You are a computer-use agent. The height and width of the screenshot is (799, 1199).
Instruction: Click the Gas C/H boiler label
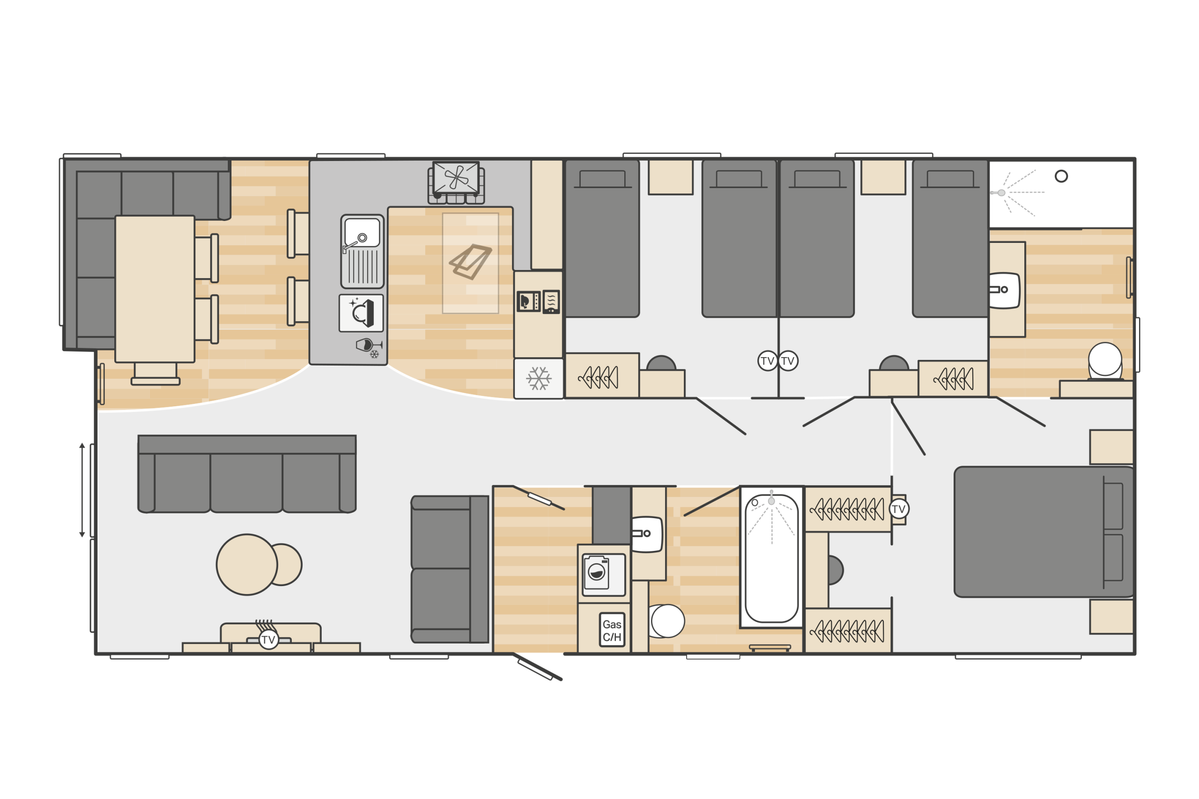[x=612, y=630]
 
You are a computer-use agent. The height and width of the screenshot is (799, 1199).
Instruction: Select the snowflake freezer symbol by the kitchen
[x=539, y=379]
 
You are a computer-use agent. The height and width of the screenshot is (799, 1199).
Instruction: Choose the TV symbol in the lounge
[x=269, y=639]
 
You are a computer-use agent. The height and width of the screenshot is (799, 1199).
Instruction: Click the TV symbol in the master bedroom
[x=899, y=509]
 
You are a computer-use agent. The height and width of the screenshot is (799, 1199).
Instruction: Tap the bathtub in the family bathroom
[x=771, y=557]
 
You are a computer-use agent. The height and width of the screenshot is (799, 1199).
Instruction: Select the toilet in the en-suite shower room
[x=1105, y=361]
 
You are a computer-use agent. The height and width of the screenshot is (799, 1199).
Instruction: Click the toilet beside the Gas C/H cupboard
[x=666, y=621]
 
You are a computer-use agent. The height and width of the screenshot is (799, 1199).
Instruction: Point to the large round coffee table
[x=247, y=564]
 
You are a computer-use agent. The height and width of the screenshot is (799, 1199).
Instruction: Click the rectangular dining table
[x=155, y=289]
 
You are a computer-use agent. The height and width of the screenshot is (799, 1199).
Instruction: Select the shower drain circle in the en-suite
[x=1061, y=176]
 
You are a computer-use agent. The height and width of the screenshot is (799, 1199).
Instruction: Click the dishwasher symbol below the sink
[x=361, y=313]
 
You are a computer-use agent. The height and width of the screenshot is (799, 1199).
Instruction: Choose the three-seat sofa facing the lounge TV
[x=247, y=474]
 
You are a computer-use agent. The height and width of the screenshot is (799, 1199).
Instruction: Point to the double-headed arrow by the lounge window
[x=82, y=490]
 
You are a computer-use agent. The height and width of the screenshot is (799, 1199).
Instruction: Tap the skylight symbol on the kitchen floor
[x=471, y=262]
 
